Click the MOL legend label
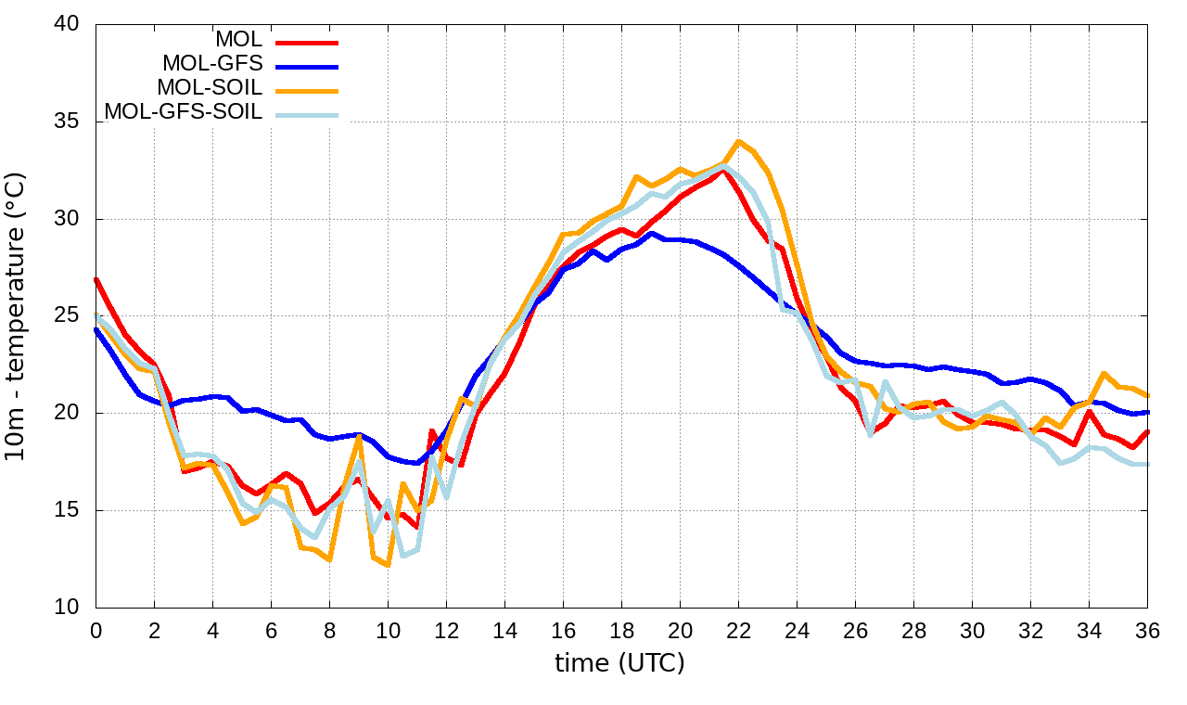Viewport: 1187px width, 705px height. click(x=238, y=41)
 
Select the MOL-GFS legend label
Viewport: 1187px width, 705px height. click(x=212, y=65)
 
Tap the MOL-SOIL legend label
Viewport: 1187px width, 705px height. click(x=210, y=89)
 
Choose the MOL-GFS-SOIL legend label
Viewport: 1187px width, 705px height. click(x=184, y=112)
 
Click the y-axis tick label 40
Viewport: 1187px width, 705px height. click(x=66, y=25)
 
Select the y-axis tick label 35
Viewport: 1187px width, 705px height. click(x=66, y=122)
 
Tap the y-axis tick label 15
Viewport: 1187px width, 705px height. click(x=66, y=511)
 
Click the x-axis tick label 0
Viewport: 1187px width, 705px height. click(x=96, y=630)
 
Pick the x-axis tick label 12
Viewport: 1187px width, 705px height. click(x=446, y=630)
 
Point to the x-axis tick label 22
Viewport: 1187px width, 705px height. click(x=738, y=630)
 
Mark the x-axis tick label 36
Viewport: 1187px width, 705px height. click(x=1147, y=630)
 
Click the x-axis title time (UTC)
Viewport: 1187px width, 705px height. click(x=619, y=663)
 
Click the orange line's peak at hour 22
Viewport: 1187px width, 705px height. click(x=738, y=141)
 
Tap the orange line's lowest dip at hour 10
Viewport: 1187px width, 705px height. click(x=388, y=565)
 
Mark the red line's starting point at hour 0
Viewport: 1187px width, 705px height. click(x=96, y=278)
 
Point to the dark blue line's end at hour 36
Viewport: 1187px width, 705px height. click(x=1147, y=412)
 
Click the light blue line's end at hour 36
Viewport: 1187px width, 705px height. click(x=1147, y=464)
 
